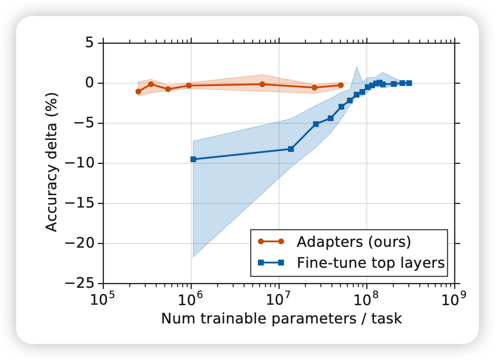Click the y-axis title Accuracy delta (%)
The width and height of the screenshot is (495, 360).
[x=52, y=162]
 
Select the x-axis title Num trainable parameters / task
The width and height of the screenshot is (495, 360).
[x=281, y=319]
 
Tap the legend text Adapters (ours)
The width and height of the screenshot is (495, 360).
[x=353, y=241]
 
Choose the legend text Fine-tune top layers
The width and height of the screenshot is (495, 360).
[x=371, y=263]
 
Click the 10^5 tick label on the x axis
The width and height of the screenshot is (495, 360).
[x=103, y=300]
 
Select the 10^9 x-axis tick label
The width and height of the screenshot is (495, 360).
[x=454, y=300]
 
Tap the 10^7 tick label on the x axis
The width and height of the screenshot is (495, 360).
[x=279, y=300]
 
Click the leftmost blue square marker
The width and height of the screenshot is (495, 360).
[x=193, y=159]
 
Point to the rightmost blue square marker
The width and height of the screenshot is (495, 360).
[x=409, y=83]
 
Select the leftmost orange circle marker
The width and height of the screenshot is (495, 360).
[x=138, y=91]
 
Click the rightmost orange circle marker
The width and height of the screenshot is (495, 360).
[x=341, y=85]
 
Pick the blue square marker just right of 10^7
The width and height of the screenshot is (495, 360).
[x=291, y=149]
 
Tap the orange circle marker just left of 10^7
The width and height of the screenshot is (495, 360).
[x=262, y=84]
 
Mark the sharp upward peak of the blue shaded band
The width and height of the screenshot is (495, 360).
[x=357, y=67]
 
